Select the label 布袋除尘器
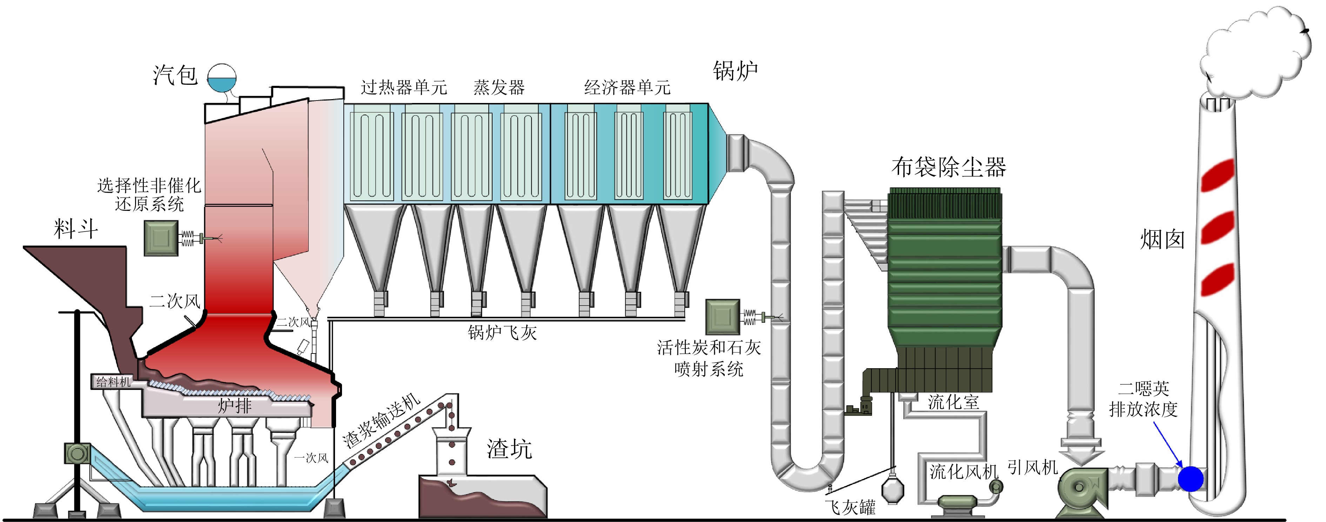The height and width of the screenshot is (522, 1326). click(948, 167)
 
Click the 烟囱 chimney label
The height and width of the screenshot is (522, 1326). click(1162, 240)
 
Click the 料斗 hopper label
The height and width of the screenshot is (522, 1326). click(76, 228)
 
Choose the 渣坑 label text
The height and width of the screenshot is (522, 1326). click(509, 449)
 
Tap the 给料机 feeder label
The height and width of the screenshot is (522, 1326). click(113, 382)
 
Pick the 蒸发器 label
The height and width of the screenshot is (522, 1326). click(499, 88)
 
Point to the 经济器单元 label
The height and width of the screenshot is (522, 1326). click(627, 88)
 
